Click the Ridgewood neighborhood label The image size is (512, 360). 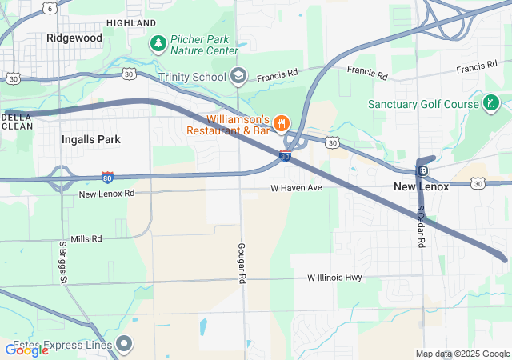74,38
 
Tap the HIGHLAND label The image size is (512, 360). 131,23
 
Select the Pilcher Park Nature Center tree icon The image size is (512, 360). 159,42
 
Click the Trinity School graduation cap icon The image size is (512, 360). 238,76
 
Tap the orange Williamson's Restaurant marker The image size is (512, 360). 281,122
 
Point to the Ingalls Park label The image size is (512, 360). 91,139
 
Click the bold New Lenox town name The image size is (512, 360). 422,186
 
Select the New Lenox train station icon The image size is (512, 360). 422,170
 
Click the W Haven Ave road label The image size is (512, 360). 295,187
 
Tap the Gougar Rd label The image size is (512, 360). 241,264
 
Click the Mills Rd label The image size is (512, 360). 86,239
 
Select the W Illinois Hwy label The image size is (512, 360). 335,278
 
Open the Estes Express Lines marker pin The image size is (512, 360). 124,344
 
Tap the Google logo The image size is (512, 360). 26,350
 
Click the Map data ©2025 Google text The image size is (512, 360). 462,354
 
